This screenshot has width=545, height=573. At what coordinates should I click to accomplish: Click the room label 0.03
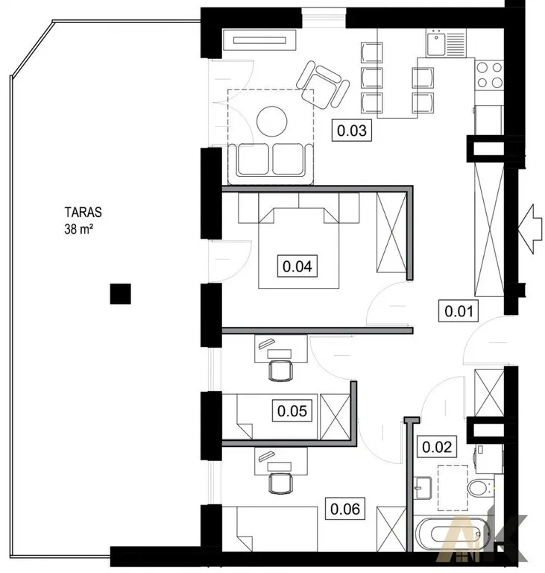point(351,130)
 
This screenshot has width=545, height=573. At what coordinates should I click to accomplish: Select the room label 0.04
point(297,266)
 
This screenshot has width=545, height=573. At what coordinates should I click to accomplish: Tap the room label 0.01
point(459,311)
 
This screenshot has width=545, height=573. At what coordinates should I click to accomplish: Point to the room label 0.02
point(437,447)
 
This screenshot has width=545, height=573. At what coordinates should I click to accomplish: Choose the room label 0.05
point(292,411)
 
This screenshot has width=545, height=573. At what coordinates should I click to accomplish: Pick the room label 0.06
point(345,508)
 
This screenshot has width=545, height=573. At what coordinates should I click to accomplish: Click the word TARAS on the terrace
point(83,213)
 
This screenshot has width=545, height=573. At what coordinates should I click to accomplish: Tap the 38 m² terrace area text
point(78,229)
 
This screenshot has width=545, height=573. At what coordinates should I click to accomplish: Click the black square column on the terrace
point(121,294)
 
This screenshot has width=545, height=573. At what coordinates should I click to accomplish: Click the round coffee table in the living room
point(272,121)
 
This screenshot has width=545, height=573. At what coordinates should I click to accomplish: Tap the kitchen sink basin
point(436,43)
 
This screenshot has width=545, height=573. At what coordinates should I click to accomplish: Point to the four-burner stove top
point(490,75)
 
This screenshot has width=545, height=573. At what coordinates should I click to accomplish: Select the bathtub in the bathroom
point(452,533)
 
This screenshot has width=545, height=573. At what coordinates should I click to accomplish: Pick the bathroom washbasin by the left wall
point(423,487)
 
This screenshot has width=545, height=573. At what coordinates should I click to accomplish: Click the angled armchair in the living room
point(323,85)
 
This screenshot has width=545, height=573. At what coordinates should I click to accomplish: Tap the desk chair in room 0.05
point(280,370)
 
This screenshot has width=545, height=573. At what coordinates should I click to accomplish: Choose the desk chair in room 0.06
point(280,483)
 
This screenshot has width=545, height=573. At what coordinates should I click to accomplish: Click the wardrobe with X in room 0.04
point(391,233)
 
